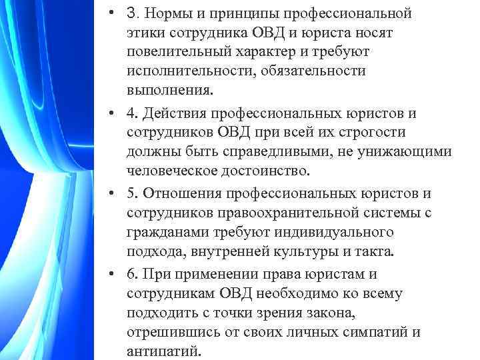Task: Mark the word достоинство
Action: pyautogui.click(x=265, y=170)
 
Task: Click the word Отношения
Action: pyautogui.click(x=179, y=194)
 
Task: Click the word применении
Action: pyautogui.click(x=208, y=275)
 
